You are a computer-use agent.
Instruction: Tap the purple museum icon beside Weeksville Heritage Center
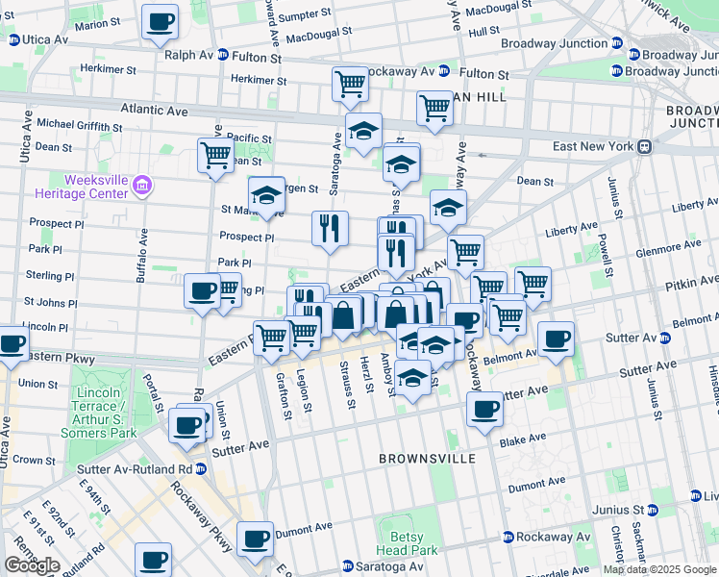[141, 185]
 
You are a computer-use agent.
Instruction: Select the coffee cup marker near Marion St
[160, 21]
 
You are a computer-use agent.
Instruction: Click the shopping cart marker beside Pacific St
[215, 154]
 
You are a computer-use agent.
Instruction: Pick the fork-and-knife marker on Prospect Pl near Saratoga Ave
[329, 228]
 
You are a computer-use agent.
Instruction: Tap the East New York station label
[596, 146]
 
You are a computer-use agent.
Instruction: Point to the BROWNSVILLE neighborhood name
[427, 459]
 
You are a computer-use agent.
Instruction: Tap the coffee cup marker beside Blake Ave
[484, 410]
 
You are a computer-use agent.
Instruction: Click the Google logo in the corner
[32, 565]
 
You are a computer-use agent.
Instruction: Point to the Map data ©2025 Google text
[658, 569]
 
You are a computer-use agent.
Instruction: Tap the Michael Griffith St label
[79, 126]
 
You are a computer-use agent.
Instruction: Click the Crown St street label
[35, 460]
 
